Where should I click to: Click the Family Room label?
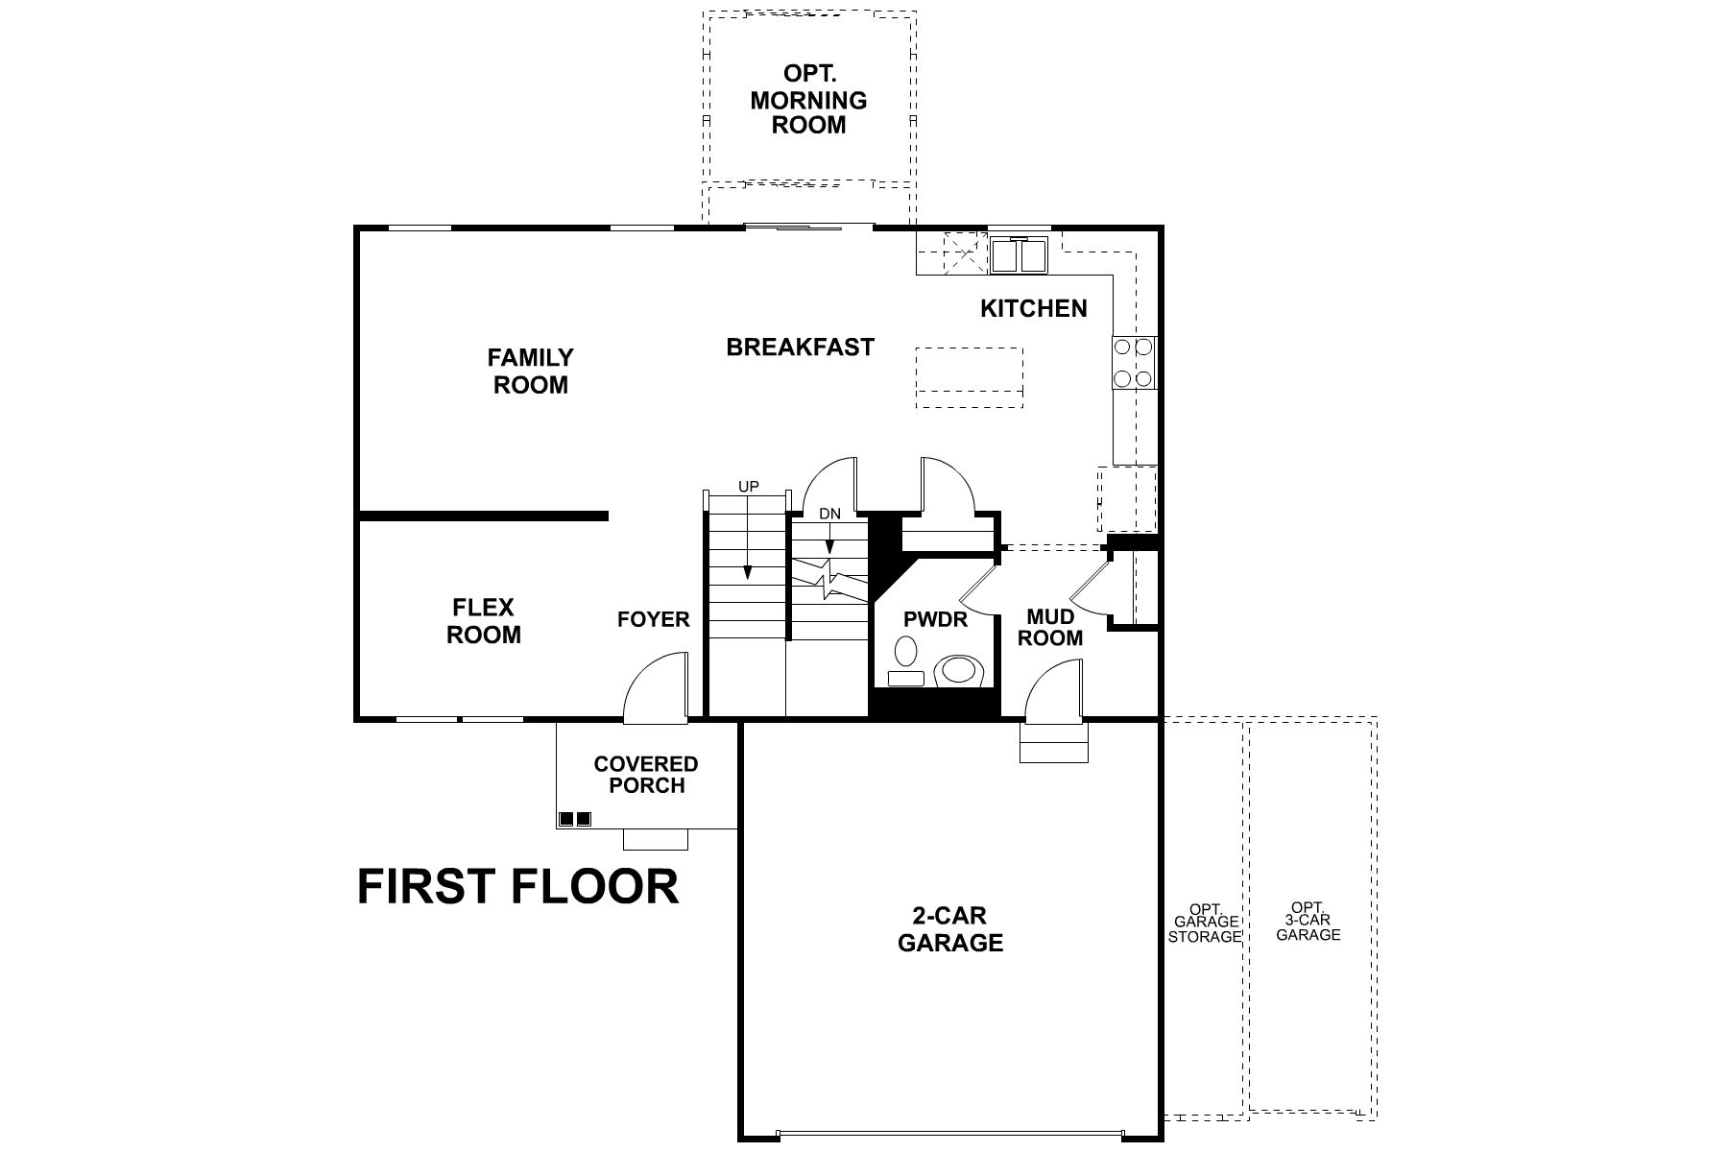(x=530, y=372)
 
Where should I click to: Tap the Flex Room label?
(x=484, y=621)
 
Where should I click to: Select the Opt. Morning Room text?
(x=808, y=100)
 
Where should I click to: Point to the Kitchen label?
(x=1033, y=308)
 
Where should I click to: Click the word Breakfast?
(x=800, y=347)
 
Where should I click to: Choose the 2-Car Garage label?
(x=950, y=929)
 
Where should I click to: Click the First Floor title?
(x=517, y=886)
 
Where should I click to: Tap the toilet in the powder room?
(x=961, y=670)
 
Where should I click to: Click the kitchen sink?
(x=1020, y=255)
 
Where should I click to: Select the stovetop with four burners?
(x=1133, y=362)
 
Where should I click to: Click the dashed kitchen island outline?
(x=970, y=377)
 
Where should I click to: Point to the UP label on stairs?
(x=749, y=487)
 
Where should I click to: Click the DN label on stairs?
(x=829, y=514)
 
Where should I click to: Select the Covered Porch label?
(x=646, y=775)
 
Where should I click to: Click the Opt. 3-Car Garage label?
(x=1308, y=921)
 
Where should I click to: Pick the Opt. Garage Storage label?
(x=1204, y=923)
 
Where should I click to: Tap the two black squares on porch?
(x=574, y=819)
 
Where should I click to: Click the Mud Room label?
(x=1050, y=627)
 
